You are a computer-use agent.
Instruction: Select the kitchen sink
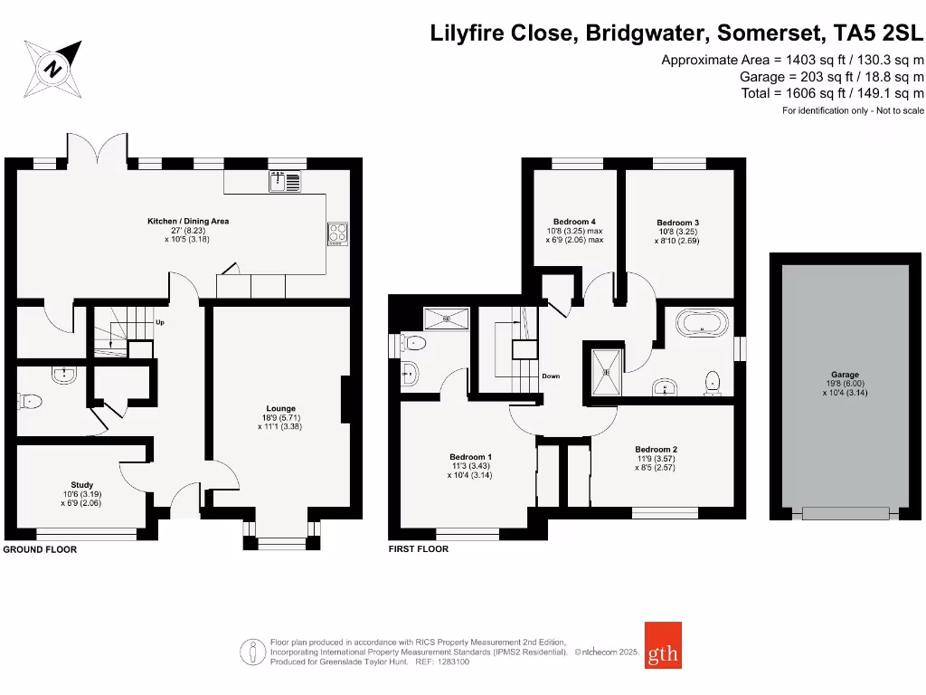click(x=286, y=182)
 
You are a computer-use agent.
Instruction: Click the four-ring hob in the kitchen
click(x=337, y=233)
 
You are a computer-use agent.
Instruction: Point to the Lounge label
click(x=280, y=408)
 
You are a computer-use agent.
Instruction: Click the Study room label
click(x=82, y=485)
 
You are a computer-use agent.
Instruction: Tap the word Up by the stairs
click(x=160, y=322)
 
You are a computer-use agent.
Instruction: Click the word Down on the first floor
click(x=552, y=375)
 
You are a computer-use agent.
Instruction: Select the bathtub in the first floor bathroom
click(x=701, y=322)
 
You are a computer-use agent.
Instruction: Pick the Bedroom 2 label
click(x=656, y=450)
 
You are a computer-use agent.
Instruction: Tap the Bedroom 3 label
click(x=678, y=223)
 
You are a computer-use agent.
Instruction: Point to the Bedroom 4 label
click(x=574, y=222)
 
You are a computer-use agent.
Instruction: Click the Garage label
click(x=846, y=375)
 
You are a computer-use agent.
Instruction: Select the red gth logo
click(x=664, y=645)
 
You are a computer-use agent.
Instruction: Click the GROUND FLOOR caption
click(x=40, y=549)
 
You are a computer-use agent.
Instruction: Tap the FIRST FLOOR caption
click(x=418, y=548)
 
